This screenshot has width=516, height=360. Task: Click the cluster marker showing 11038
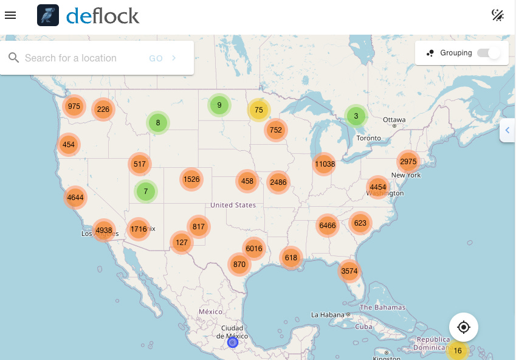(x=325, y=164)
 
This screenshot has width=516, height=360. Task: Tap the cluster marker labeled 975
(x=74, y=106)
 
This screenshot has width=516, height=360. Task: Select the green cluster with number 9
(x=219, y=105)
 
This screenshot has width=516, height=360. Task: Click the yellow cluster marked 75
(x=259, y=110)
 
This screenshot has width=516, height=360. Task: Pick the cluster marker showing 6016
(x=253, y=248)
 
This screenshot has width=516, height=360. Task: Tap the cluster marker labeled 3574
(x=349, y=271)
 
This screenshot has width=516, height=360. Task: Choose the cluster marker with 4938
(x=104, y=230)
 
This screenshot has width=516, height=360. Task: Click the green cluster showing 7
(x=146, y=192)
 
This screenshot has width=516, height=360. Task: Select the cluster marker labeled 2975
(x=408, y=161)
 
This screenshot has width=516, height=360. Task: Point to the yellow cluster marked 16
(x=457, y=351)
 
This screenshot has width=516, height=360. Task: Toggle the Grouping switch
(x=489, y=53)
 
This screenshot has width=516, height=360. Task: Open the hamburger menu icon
(x=10, y=15)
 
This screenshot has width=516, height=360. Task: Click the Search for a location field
(x=79, y=58)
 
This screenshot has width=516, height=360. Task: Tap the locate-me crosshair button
(x=464, y=327)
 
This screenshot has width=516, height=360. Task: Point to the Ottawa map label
(x=394, y=120)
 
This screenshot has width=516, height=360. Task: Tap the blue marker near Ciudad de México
(x=232, y=343)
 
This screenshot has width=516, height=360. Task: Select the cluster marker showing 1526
(x=191, y=179)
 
